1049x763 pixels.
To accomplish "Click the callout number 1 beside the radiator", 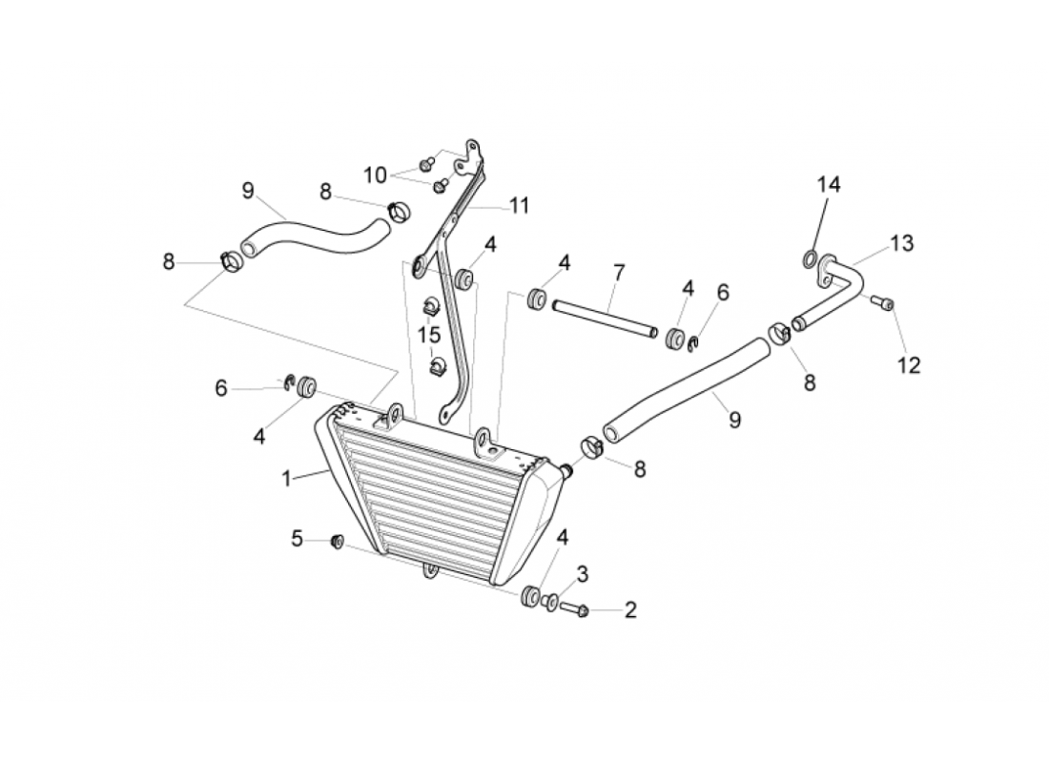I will pyautogui.click(x=286, y=479).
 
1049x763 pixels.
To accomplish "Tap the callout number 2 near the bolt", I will pyautogui.click(x=629, y=610).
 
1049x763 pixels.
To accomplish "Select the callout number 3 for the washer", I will pyautogui.click(x=582, y=574).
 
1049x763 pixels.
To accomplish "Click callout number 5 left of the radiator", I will pyautogui.click(x=297, y=540).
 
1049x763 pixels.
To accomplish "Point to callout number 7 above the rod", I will pyautogui.click(x=618, y=274).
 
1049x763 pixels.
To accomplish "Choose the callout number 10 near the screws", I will pyautogui.click(x=375, y=175).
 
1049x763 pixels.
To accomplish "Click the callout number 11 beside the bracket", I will pyautogui.click(x=519, y=204).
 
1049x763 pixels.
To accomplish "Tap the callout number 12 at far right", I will pyautogui.click(x=909, y=365).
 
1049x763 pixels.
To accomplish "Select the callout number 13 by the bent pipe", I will pyautogui.click(x=901, y=243).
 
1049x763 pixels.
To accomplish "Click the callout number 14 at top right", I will pyautogui.click(x=828, y=185).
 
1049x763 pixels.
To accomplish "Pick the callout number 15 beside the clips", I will pyautogui.click(x=429, y=335).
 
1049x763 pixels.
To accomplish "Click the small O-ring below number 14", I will pyautogui.click(x=808, y=258).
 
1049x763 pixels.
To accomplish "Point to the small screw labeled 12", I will pyautogui.click(x=886, y=304).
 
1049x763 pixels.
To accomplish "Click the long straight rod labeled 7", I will pyautogui.click(x=603, y=319).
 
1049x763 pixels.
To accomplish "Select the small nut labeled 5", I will pyautogui.click(x=337, y=542).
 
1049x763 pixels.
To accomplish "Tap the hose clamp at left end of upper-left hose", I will pyautogui.click(x=230, y=259).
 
